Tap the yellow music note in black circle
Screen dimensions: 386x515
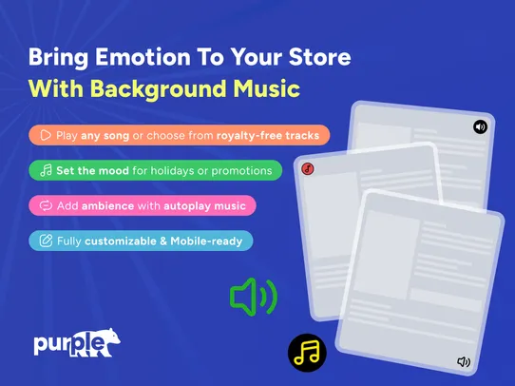307,353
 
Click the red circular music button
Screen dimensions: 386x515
308,169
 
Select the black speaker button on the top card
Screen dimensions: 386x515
480,126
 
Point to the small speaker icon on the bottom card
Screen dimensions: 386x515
464,361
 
